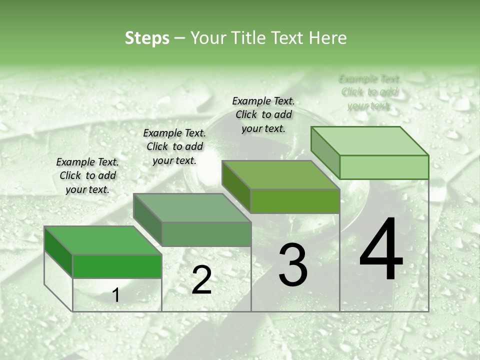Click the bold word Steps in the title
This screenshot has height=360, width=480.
click(x=147, y=38)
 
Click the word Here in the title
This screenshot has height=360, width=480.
click(x=328, y=38)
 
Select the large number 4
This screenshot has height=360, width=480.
click(x=381, y=249)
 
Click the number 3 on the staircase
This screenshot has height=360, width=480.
click(x=293, y=264)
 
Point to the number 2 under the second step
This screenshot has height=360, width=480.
click(x=201, y=279)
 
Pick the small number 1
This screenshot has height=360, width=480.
click(x=116, y=295)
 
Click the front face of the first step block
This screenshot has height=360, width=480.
click(x=117, y=266)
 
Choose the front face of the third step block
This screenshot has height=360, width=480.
click(x=295, y=201)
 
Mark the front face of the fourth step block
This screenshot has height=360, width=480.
click(x=384, y=167)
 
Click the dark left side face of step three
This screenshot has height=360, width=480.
click(x=235, y=185)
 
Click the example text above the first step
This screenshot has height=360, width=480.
click(x=87, y=175)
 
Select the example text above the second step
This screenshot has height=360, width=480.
click(x=174, y=146)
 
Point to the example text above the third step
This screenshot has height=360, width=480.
click(x=263, y=114)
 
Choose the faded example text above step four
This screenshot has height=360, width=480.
click(x=370, y=92)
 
